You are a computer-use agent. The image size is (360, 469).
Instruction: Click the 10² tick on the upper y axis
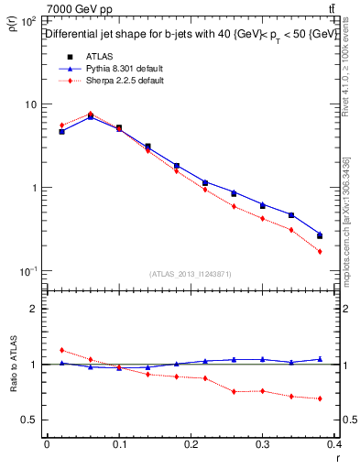(29, 20)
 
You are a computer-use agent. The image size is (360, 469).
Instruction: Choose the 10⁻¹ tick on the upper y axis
(29, 271)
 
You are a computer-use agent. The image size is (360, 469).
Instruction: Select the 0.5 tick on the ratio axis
(30, 420)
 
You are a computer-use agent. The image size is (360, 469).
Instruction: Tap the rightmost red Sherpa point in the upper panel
(320, 251)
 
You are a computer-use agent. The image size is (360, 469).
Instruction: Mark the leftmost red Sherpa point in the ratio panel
(61, 350)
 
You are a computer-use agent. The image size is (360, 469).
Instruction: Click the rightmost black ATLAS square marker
(320, 235)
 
